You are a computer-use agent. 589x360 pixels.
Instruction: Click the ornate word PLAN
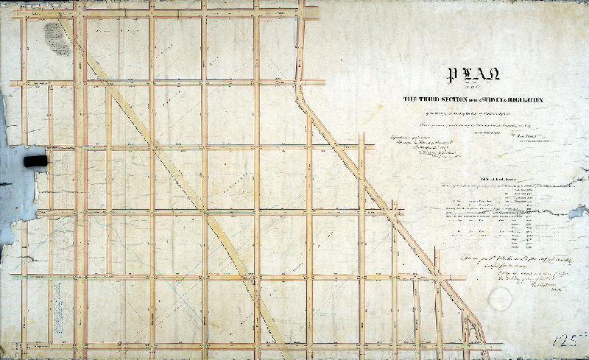[461, 74]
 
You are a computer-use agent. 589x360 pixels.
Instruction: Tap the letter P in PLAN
[445, 74]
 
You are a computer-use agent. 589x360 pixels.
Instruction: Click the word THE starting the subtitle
[407, 99]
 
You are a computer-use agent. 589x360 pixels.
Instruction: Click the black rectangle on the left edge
[35, 161]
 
